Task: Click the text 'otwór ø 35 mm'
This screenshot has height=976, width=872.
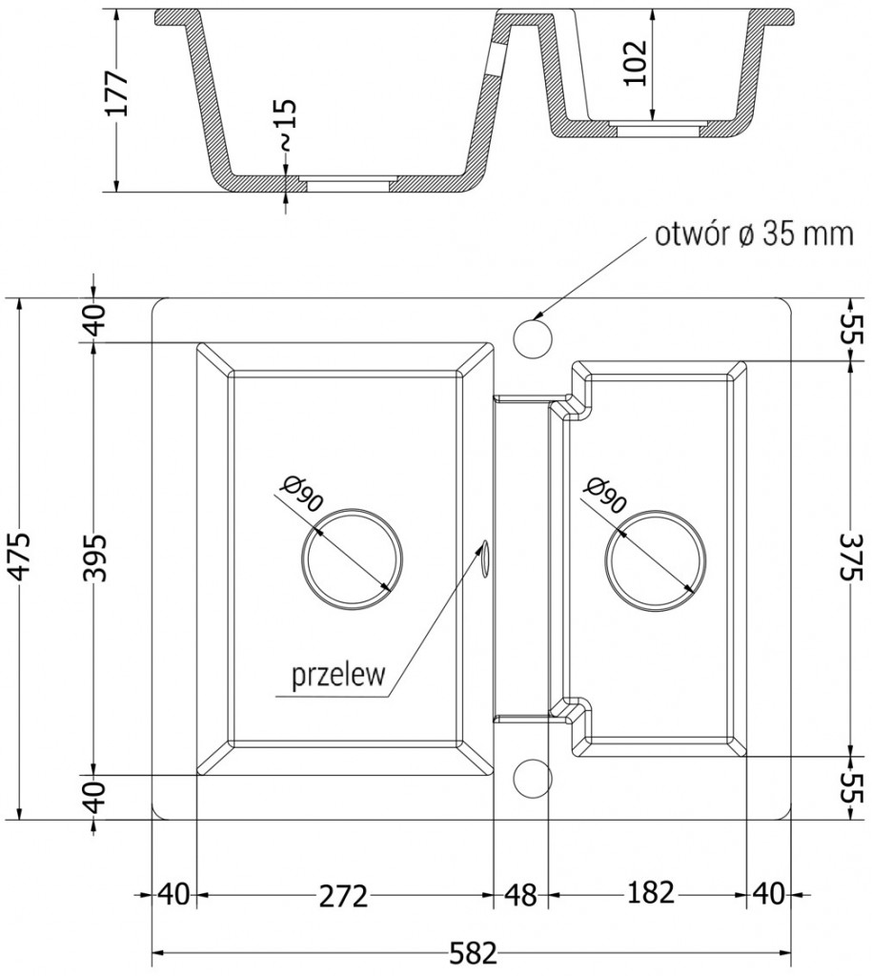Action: coord(752,234)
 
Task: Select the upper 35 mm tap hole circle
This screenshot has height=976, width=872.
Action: coord(533,336)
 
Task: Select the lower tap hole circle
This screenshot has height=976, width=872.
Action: coord(533,777)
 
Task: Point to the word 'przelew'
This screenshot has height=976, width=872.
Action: coord(338,676)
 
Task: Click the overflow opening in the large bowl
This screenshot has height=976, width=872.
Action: coord(485,558)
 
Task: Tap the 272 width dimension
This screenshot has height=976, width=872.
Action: coord(342,895)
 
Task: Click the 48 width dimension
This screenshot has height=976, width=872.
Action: coord(518,895)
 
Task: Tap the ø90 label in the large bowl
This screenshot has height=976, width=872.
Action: coord(301,497)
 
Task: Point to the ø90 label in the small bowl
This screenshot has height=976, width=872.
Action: coord(605,497)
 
